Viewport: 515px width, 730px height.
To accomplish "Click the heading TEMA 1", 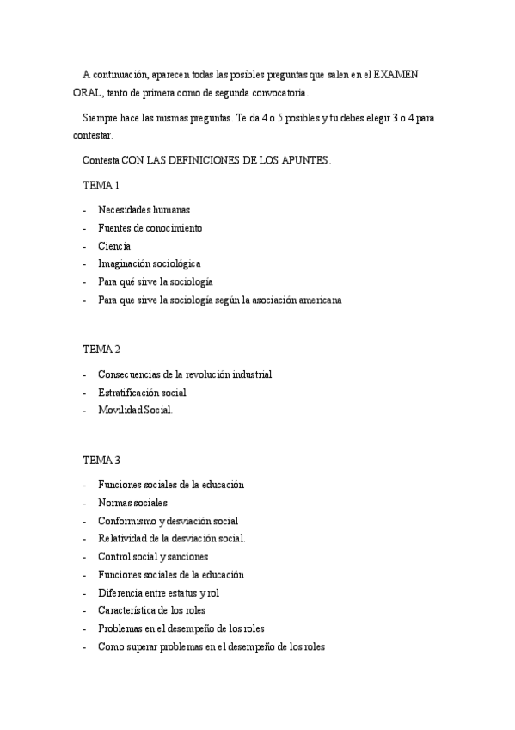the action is click(101, 186).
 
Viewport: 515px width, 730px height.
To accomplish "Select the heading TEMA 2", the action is click(101, 349).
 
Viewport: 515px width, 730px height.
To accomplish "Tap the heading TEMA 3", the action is click(101, 460).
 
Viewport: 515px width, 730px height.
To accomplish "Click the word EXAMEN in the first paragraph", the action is click(397, 75).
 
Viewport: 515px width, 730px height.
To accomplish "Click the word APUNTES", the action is click(301, 161).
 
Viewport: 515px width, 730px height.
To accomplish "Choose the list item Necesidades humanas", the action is click(144, 210).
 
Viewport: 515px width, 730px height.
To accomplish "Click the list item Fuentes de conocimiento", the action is click(150, 228).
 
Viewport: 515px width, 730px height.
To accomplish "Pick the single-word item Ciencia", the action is click(114, 246).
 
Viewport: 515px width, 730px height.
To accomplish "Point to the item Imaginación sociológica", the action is click(149, 264).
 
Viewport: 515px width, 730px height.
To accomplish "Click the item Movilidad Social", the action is click(135, 411).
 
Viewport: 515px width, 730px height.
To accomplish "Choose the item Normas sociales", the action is click(132, 503).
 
